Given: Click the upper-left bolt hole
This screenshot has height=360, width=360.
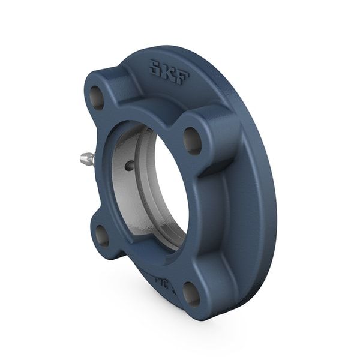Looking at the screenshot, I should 97,94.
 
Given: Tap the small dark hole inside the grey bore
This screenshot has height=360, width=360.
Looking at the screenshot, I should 128,164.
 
